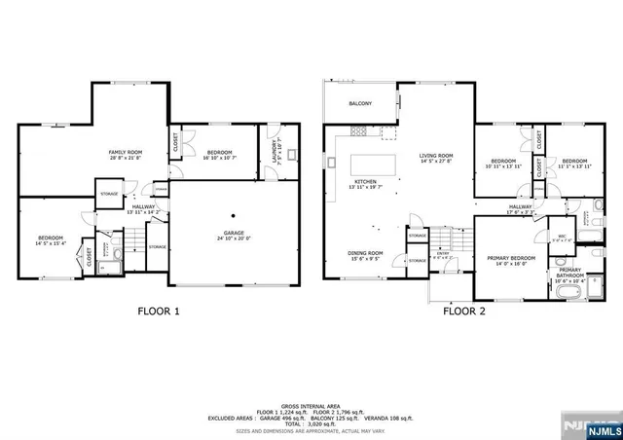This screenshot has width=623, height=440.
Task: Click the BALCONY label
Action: [x=360, y=103]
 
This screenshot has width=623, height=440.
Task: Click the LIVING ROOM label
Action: [x=436, y=157]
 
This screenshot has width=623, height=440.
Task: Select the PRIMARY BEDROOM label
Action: [x=506, y=259]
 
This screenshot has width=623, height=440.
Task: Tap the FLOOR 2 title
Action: [x=465, y=312]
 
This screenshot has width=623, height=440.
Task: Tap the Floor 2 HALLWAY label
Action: [x=519, y=207]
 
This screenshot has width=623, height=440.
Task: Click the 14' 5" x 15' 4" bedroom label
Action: [x=51, y=239]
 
